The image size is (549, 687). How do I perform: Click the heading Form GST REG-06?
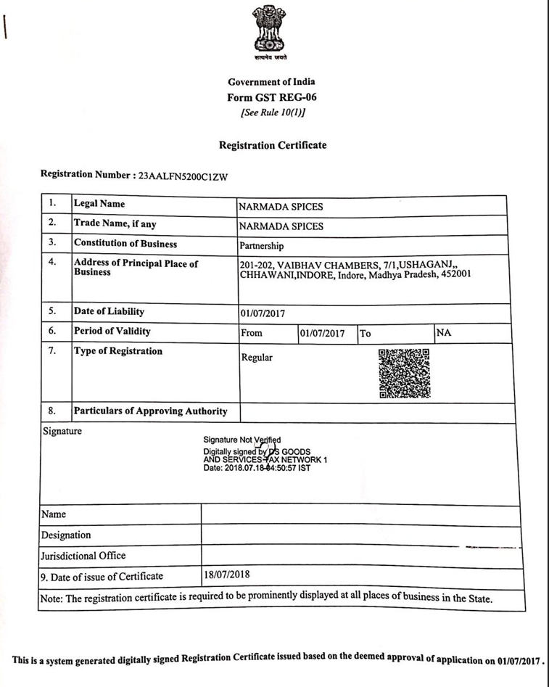(x=272, y=97)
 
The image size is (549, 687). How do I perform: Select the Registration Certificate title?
(x=272, y=145)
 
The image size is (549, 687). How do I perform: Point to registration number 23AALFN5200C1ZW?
(x=177, y=176)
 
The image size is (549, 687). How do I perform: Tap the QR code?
(x=405, y=373)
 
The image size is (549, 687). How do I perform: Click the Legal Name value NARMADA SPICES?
(x=281, y=207)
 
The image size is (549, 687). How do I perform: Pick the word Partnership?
(x=263, y=245)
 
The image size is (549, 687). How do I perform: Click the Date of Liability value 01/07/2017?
(x=263, y=314)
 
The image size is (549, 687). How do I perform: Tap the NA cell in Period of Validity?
(x=445, y=332)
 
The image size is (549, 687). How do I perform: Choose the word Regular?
(x=257, y=358)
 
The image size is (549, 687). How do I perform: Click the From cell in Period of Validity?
(x=252, y=334)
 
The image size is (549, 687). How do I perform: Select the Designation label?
(x=67, y=535)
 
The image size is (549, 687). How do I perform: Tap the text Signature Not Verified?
(x=242, y=440)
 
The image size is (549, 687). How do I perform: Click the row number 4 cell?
(x=52, y=262)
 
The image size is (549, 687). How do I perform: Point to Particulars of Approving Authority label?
(x=151, y=411)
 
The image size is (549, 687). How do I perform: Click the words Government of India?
(x=272, y=82)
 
